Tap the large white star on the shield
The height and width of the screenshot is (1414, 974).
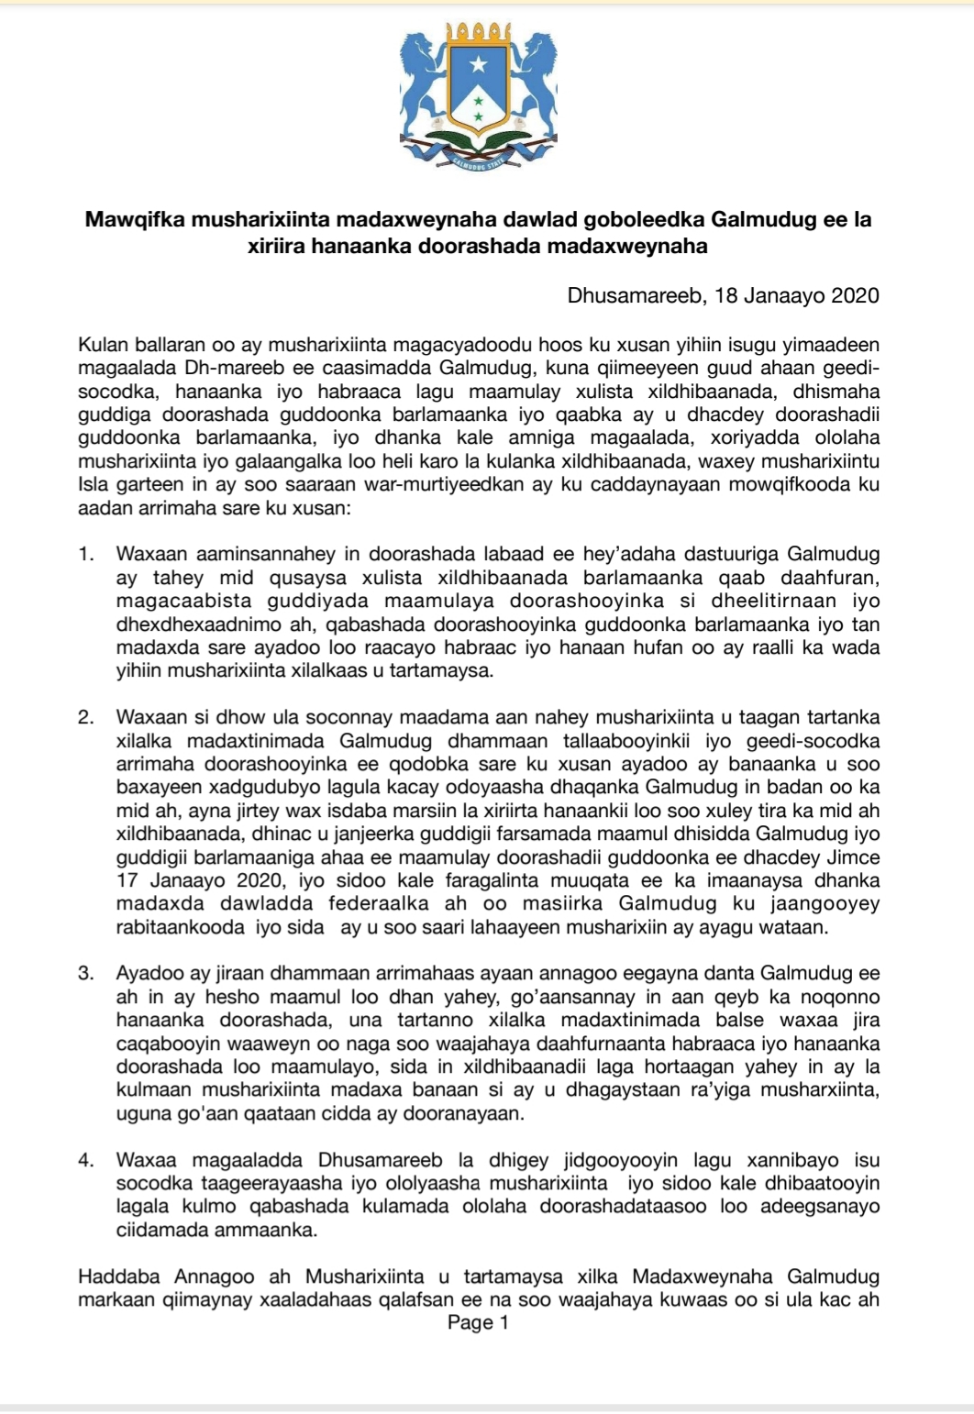[x=477, y=64]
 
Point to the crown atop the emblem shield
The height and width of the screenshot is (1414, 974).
[x=477, y=33]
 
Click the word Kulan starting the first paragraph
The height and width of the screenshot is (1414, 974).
[x=102, y=346]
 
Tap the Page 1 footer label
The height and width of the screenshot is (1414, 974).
[x=477, y=1322]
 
